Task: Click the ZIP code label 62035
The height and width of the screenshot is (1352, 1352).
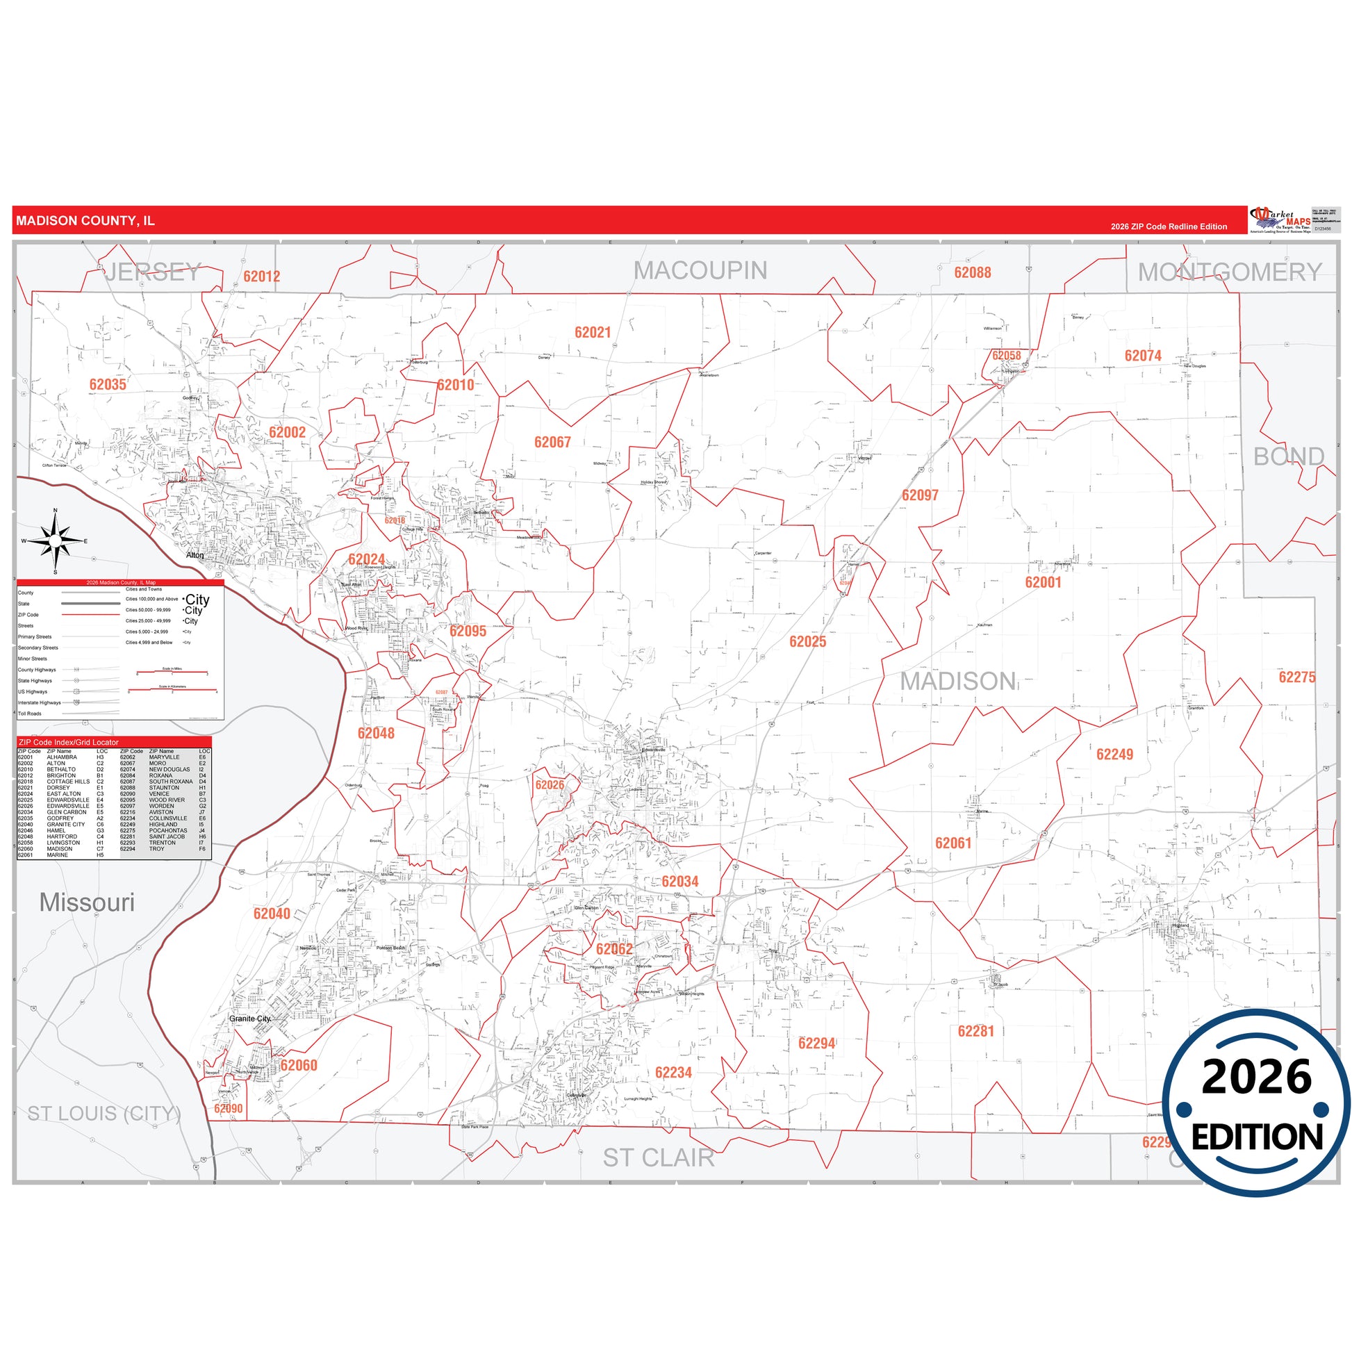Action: (108, 384)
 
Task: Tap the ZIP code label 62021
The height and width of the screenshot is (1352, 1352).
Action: (593, 332)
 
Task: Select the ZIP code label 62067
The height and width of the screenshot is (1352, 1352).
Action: (552, 443)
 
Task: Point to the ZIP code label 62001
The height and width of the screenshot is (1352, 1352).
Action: (1043, 582)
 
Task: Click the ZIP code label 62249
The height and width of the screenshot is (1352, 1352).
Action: (1114, 755)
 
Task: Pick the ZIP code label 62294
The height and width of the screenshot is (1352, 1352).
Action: (816, 1044)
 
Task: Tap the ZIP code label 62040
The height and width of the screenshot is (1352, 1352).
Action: (272, 914)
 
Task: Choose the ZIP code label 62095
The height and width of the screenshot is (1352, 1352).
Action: (468, 632)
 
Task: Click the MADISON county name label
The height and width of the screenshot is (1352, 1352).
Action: (958, 681)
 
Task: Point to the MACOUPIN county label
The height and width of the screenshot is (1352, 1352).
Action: (700, 271)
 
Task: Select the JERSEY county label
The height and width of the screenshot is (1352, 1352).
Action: (153, 272)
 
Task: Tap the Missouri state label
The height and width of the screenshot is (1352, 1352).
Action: (87, 902)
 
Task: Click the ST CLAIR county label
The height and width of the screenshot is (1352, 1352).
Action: (659, 1158)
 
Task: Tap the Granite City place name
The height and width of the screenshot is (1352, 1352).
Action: (250, 1019)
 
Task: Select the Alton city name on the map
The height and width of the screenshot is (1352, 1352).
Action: (195, 556)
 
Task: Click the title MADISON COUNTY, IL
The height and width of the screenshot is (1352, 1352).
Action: (85, 221)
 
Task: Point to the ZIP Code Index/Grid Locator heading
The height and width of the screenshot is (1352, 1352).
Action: (69, 743)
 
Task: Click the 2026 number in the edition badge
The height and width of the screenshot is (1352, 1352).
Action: (1257, 1077)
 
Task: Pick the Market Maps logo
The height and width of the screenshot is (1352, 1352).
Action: (1280, 219)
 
